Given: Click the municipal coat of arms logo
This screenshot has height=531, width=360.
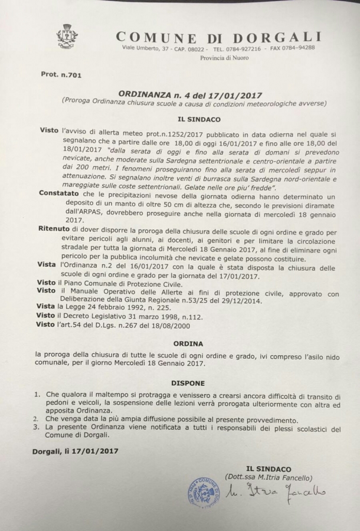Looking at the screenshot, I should (x=67, y=37).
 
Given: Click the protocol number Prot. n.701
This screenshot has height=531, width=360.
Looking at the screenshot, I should (x=61, y=75).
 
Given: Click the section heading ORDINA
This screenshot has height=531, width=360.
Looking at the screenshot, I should (x=188, y=343).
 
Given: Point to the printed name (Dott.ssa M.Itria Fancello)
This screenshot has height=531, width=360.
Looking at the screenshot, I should (x=269, y=477).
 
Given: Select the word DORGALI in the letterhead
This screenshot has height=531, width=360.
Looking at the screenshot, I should (x=281, y=37).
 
